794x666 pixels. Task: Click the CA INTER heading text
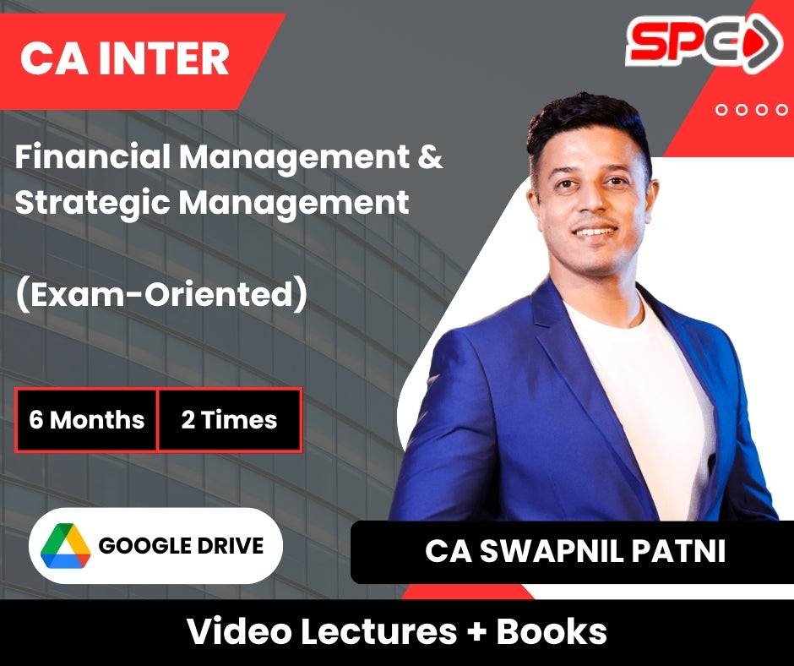(x=124, y=59)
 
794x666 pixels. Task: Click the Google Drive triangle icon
(x=65, y=545)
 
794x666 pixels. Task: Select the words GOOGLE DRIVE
(x=181, y=545)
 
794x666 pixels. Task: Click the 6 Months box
(x=85, y=420)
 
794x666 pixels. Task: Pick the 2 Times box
(x=230, y=420)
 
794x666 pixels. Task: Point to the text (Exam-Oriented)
(x=161, y=294)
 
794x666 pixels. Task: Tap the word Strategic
(x=92, y=203)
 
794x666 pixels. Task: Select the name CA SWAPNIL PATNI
(x=575, y=551)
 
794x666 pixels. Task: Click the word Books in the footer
(x=551, y=631)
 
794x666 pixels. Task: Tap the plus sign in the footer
(x=476, y=632)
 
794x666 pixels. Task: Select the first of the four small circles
(x=721, y=110)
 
